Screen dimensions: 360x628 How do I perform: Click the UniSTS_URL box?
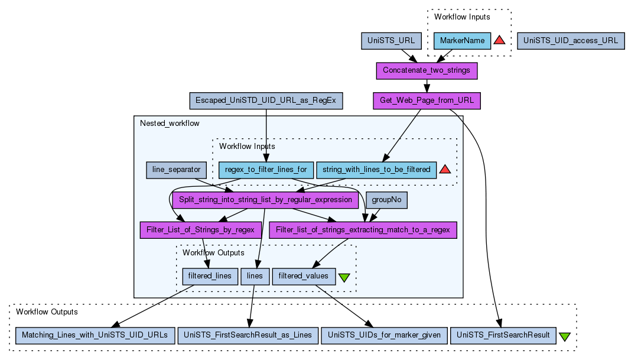pos(391,41)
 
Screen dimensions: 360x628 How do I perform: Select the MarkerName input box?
pos(463,41)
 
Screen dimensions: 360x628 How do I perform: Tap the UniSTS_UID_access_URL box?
pos(570,41)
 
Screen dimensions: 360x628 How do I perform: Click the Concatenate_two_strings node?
pos(427,71)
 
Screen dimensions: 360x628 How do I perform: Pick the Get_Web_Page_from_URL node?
pos(427,100)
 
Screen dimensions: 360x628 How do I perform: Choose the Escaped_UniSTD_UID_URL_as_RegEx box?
pos(266,100)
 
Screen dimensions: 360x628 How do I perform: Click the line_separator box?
pos(177,170)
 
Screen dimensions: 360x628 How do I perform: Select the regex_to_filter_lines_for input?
pos(266,170)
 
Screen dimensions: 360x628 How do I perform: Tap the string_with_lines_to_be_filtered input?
pos(376,170)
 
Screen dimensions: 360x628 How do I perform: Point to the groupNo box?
pos(386,200)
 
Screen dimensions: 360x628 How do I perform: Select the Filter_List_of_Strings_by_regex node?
pos(200,229)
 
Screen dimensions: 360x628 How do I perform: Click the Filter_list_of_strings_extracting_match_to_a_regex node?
pos(363,229)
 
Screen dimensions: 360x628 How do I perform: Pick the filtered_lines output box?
pos(210,276)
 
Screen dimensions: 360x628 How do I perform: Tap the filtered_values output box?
pos(304,276)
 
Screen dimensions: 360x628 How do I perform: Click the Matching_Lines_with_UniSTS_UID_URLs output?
pos(95,335)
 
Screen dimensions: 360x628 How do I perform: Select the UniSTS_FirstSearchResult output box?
pos(503,335)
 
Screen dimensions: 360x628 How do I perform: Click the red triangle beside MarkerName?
pos(499,40)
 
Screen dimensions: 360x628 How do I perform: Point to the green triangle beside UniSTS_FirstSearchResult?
pos(564,336)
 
